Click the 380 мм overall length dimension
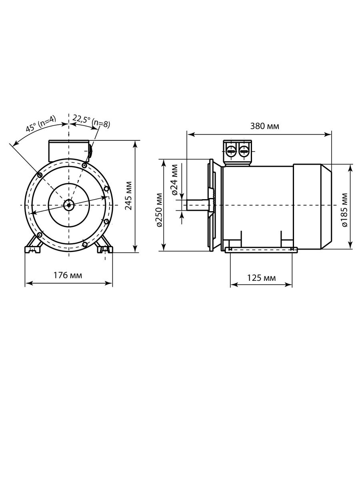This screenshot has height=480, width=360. point(264,126)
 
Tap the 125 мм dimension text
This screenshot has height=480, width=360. point(261,278)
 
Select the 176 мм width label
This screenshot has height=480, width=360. point(68,275)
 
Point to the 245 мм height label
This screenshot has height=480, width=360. point(128,196)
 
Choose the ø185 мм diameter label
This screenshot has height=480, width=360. point(345,210)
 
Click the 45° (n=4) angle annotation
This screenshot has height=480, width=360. point(41,124)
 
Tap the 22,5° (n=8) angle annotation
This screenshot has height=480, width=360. point(91,122)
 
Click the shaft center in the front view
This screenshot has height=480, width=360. point(69,205)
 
